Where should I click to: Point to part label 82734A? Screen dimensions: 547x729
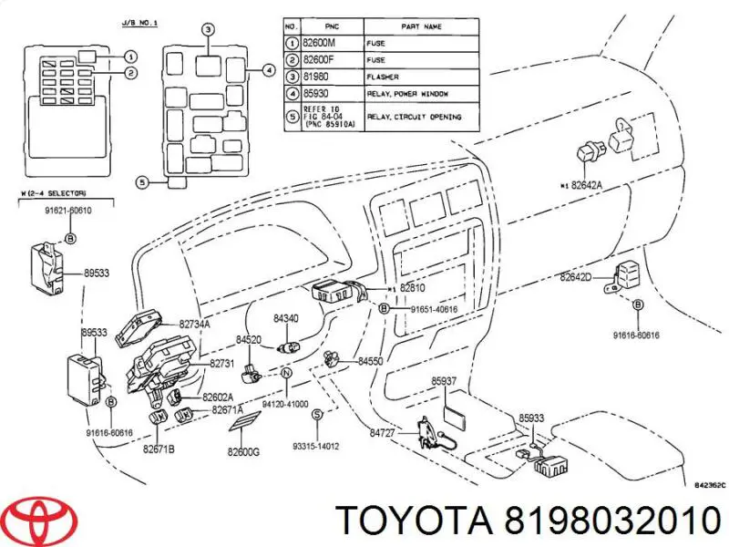[194, 324]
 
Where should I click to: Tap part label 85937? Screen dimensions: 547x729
[444, 381]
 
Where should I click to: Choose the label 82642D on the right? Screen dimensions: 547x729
[576, 276]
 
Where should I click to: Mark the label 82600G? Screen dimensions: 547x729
[244, 452]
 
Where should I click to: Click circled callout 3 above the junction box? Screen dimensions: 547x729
[208, 30]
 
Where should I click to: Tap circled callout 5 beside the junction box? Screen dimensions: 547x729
[141, 181]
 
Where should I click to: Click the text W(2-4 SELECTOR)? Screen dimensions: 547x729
[52, 192]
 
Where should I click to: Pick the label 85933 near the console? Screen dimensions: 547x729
[531, 418]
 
